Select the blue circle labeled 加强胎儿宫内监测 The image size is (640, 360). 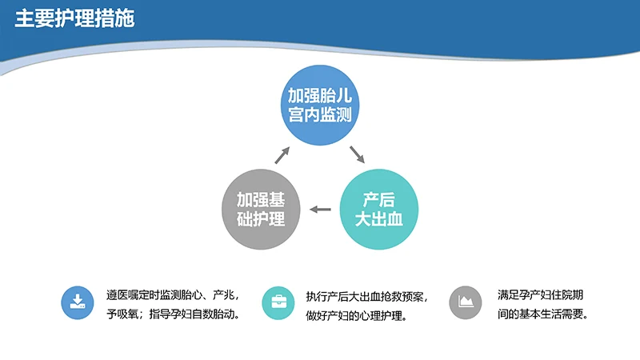point(320,105)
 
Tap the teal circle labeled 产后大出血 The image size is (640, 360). point(378,209)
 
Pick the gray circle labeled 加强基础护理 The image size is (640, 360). point(262,209)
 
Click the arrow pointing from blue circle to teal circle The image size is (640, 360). point(357,154)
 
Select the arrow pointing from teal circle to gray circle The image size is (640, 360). point(320,210)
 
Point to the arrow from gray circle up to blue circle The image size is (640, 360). point(283,154)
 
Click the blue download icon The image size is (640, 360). point(78,302)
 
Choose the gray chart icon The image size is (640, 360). point(466,302)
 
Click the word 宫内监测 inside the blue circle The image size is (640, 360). point(320,114)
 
